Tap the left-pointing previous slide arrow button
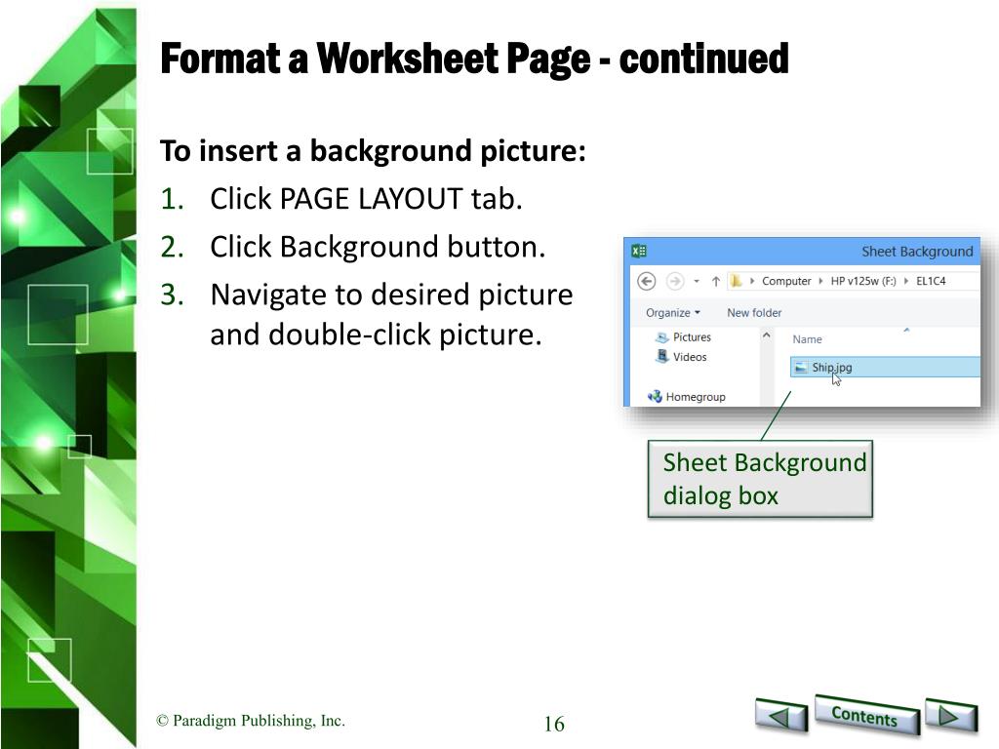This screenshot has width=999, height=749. pyautogui.click(x=781, y=716)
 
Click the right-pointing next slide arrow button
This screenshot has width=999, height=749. pyautogui.click(x=950, y=716)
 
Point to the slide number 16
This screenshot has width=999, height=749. pyautogui.click(x=554, y=724)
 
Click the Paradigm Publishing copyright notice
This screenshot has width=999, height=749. pyautogui.click(x=251, y=721)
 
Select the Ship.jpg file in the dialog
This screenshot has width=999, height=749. pyautogui.click(x=831, y=368)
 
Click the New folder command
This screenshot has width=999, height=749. pyautogui.click(x=754, y=313)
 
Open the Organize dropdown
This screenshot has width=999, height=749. pyautogui.click(x=673, y=313)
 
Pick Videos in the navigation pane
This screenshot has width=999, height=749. pyautogui.click(x=681, y=357)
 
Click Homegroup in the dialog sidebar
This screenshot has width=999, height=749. pyautogui.click(x=687, y=397)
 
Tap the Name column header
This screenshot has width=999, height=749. pyautogui.click(x=807, y=339)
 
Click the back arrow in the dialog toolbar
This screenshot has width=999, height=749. pyautogui.click(x=647, y=281)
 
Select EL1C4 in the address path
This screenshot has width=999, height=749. pyautogui.click(x=931, y=281)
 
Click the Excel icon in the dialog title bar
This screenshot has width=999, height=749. pyautogui.click(x=638, y=251)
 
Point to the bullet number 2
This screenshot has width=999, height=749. pyautogui.click(x=172, y=247)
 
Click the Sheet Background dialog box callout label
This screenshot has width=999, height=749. pyautogui.click(x=760, y=479)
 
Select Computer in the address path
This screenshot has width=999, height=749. pyautogui.click(x=786, y=281)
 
